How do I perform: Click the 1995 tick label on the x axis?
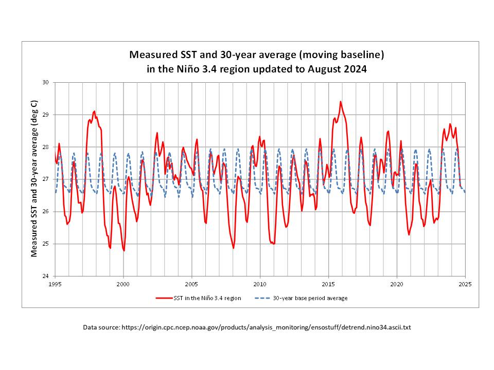coord(55,284)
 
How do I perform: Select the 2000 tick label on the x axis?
coord(123,284)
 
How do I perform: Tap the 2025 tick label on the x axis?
coord(465,284)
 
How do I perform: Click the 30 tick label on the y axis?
coord(46,82)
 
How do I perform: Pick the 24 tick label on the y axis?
coord(46,276)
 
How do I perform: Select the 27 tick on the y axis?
coord(46,179)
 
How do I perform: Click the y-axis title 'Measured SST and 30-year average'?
coord(34,179)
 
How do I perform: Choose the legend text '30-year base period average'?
coord(310,298)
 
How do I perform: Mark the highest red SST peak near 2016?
coord(341,102)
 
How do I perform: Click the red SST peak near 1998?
coord(94,111)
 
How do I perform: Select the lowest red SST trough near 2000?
coord(124,250)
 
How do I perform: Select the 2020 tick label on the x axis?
coord(397,284)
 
